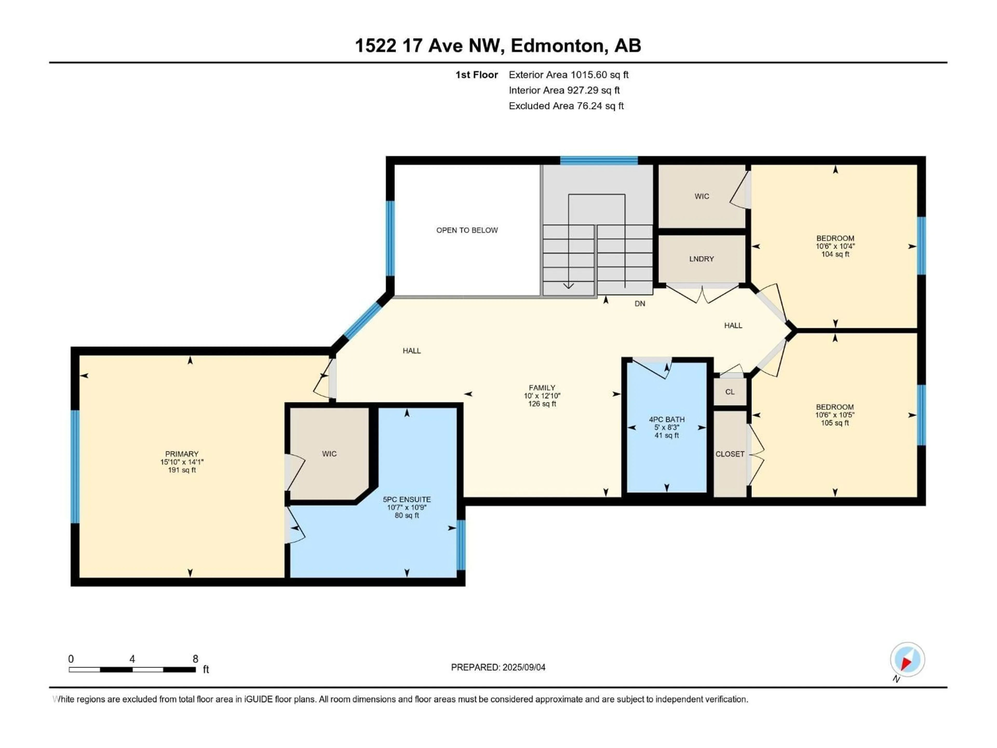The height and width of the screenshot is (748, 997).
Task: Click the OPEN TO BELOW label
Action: coord(467,230)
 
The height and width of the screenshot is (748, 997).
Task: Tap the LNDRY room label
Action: coord(701,259)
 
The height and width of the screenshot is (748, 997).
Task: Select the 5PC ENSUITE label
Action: coord(407,499)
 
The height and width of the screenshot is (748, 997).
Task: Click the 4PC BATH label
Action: coord(667,419)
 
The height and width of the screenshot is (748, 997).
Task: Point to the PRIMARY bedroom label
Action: coord(182,453)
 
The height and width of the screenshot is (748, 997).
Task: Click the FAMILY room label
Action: coord(542,387)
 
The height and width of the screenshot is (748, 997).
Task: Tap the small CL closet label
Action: coord(730,392)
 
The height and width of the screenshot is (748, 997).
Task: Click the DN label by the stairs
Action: coord(639,303)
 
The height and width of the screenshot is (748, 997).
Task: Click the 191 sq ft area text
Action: coord(182,470)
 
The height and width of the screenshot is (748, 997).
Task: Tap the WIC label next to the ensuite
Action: coord(329,453)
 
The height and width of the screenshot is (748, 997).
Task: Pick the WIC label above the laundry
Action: coord(701,196)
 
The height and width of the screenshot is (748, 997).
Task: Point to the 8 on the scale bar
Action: coord(195,659)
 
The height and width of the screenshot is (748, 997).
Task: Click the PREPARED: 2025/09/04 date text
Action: coord(498,667)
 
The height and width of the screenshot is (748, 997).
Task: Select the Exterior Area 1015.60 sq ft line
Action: coord(568,75)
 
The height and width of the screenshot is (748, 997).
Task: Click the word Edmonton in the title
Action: coord(557,45)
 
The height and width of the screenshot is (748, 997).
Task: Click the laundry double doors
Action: coord(702,293)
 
